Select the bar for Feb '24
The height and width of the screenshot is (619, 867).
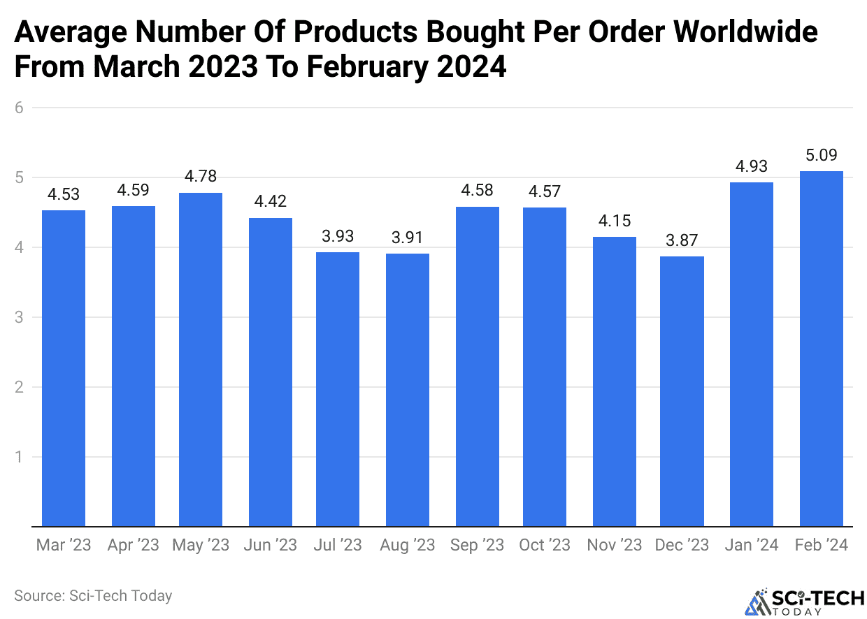coord(821,349)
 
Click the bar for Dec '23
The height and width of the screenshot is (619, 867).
coord(682,391)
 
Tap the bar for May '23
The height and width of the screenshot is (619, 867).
coord(201,360)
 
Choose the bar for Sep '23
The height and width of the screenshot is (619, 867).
coord(477,367)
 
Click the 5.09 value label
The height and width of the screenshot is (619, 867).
coord(821,155)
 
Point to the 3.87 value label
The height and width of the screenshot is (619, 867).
coord(682,240)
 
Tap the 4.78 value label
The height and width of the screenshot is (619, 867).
coord(201,177)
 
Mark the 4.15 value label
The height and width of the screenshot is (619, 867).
coord(615,221)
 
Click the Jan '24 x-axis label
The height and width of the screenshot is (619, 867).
coord(752,546)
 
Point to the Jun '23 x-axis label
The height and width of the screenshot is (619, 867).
coord(271,546)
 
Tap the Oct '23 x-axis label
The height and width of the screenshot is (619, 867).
coord(545,546)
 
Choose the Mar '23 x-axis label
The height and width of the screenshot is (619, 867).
coord(64,546)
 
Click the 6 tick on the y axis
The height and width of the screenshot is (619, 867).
coord(20,108)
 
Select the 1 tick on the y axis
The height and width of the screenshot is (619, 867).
coord(20,457)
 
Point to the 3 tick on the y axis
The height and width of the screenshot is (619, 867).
coord(20,317)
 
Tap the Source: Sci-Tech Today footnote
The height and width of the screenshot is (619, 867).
coord(93,596)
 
